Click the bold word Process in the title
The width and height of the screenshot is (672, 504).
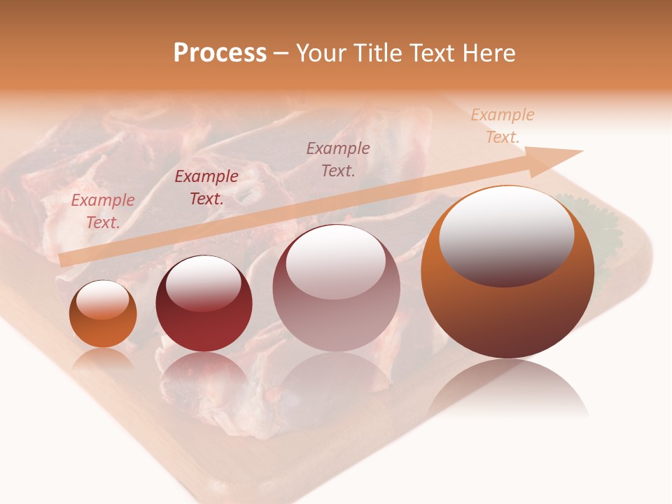click(220, 53)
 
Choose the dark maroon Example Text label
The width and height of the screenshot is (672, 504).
click(206, 188)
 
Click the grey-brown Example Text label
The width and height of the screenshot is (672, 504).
click(338, 159)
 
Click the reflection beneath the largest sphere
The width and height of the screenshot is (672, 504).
click(507, 388)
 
